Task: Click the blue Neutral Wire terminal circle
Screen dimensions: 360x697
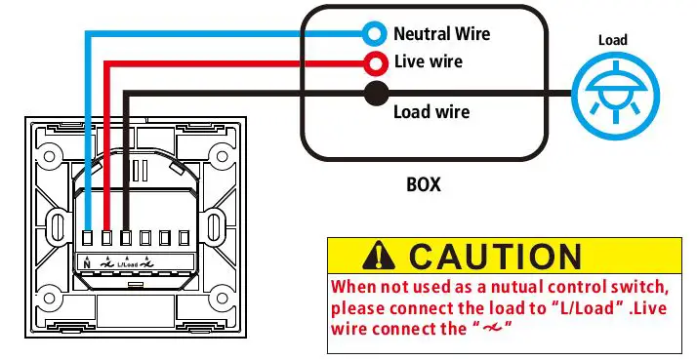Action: pos(374,34)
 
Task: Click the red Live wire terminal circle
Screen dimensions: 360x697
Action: pos(374,64)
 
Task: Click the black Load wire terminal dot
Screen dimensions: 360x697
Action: pos(374,95)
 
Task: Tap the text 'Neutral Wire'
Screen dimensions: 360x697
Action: pos(441,34)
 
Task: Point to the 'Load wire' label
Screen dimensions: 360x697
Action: pos(430,112)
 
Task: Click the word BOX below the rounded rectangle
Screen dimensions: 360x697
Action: pos(423,183)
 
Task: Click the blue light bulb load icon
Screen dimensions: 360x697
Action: pos(613,95)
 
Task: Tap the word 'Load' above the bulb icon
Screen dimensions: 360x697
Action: pos(613,40)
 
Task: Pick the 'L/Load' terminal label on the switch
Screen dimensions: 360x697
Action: pos(127,264)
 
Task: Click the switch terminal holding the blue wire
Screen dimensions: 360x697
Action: pos(88,237)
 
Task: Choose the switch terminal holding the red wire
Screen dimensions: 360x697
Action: pos(107,237)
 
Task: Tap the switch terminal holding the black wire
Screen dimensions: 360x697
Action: pos(127,237)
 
